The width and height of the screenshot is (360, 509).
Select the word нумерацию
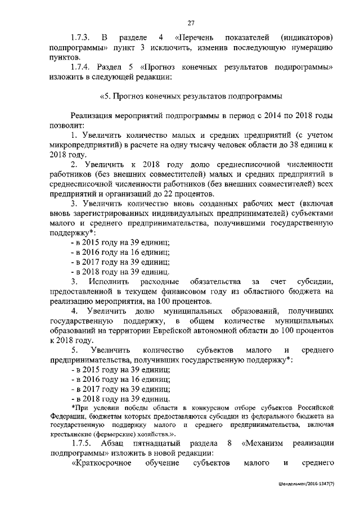[306, 48]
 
